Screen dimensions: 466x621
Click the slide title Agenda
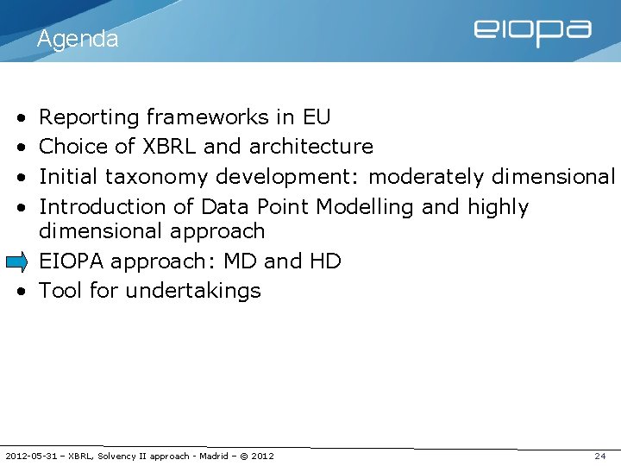[x=78, y=39]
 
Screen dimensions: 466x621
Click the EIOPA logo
[x=532, y=32]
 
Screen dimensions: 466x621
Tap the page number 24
[x=600, y=456]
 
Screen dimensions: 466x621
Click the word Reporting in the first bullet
[x=90, y=117]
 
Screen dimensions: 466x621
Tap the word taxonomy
[x=157, y=177]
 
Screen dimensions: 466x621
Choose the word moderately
[x=426, y=177]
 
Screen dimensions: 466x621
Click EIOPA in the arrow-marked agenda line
[x=72, y=261]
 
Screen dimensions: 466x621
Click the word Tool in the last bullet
[x=60, y=291]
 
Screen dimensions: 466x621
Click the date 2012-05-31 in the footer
[x=33, y=456]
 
